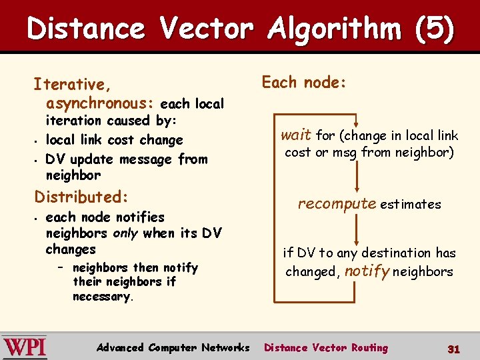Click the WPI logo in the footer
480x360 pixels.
[25, 347]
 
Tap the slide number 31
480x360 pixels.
[453, 349]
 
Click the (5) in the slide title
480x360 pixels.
[433, 29]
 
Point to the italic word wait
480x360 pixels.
[295, 135]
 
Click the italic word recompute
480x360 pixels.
[337, 203]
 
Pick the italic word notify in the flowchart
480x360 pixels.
[367, 271]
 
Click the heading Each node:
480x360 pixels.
[304, 82]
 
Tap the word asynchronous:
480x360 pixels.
[100, 103]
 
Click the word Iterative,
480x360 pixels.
[72, 85]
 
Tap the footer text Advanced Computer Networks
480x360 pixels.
[173, 347]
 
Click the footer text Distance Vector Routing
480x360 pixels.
[325, 347]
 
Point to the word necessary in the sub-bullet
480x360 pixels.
[101, 297]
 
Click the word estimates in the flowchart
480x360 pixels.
[410, 205]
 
